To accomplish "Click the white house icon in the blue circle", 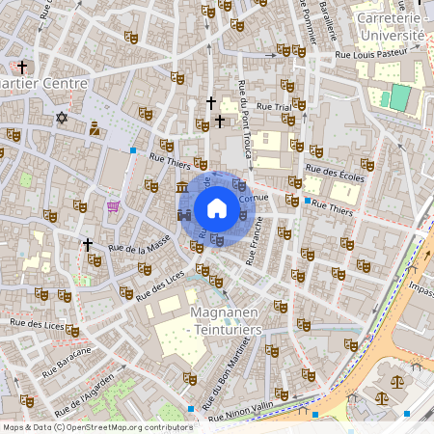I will [x=217, y=207].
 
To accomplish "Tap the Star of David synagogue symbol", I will [x=63, y=118].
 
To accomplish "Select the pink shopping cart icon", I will [x=114, y=206].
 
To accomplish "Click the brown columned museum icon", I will [x=182, y=185].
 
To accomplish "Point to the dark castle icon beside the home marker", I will [x=184, y=214].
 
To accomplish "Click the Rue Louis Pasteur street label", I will [x=372, y=56].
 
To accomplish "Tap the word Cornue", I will [x=253, y=196].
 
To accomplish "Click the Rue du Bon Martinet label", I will [x=221, y=371].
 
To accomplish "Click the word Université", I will [x=391, y=35].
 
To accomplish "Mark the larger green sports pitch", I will [x=399, y=97].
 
